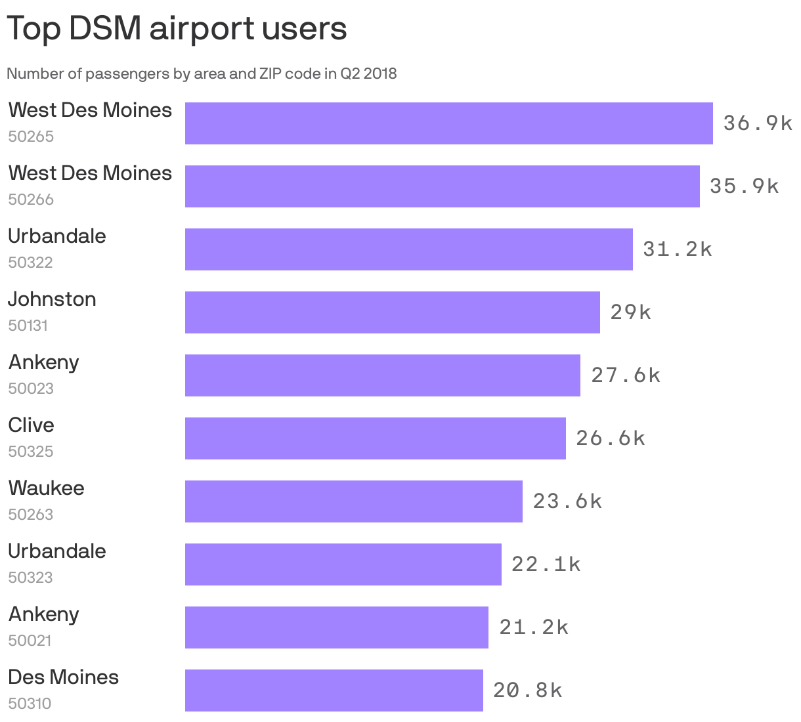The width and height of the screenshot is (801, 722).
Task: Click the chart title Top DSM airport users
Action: [177, 29]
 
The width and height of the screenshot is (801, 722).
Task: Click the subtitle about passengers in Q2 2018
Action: [202, 74]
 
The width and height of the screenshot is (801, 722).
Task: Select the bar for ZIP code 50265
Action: [448, 123]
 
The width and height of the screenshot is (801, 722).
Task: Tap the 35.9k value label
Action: [744, 186]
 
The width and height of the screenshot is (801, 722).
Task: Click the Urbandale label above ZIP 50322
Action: [57, 236]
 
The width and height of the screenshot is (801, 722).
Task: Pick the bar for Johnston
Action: [392, 312]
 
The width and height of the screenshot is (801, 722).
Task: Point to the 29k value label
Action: [630, 312]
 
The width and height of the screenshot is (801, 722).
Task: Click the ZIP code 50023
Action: [31, 389]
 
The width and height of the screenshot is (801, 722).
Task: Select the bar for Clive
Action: [375, 438]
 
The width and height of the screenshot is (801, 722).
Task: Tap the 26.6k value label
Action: [611, 438]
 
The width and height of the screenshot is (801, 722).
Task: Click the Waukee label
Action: [47, 488]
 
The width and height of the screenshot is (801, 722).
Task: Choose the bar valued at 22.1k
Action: [343, 564]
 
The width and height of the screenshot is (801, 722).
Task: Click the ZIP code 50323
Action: [31, 578]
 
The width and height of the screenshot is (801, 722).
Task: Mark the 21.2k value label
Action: [533, 627]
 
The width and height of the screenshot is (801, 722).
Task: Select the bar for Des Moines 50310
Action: [334, 690]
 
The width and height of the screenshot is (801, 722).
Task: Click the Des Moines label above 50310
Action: [64, 677]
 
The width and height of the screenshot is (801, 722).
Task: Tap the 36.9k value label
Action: [758, 123]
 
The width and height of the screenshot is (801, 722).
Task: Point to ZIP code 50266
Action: [31, 200]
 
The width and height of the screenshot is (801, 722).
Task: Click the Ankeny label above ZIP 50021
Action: [44, 614]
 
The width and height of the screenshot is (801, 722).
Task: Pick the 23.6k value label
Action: [567, 501]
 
